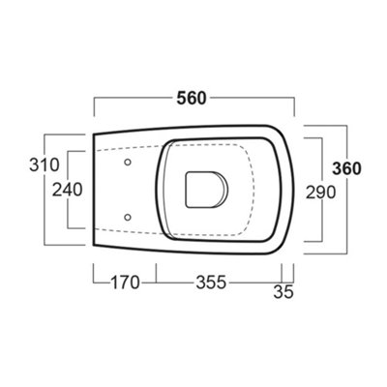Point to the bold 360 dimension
(x=345, y=168)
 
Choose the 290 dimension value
(x=317, y=192)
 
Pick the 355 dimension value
(x=211, y=283)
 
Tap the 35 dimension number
(x=283, y=289)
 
